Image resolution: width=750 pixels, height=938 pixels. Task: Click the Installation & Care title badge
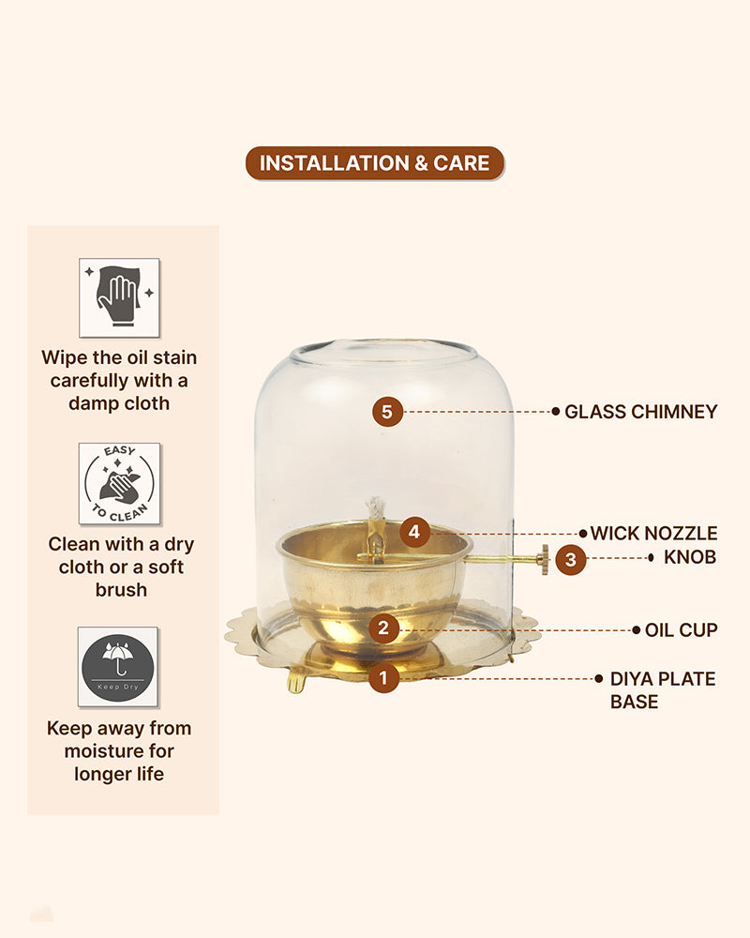tap(375, 162)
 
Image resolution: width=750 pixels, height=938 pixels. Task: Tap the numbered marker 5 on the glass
tap(387, 412)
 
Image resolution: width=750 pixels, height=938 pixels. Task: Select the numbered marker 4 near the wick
tap(415, 532)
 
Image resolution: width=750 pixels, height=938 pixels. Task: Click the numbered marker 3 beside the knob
tap(571, 559)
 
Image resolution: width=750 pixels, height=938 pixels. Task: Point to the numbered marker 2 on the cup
tap(383, 628)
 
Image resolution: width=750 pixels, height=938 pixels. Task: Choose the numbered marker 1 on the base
tap(383, 678)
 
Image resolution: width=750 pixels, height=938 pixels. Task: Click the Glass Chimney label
tap(640, 412)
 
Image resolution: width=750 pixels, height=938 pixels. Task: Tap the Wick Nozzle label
tap(653, 533)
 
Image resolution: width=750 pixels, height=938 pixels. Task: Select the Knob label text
tap(690, 557)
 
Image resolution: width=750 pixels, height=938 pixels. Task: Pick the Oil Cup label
tap(682, 630)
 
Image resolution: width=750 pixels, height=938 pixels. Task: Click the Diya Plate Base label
tap(663, 690)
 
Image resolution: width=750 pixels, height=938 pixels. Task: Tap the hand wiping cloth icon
tap(120, 298)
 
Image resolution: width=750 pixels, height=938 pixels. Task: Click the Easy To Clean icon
tap(120, 484)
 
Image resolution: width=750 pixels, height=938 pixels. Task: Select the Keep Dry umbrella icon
tap(118, 667)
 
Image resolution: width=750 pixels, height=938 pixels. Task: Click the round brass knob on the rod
tap(545, 560)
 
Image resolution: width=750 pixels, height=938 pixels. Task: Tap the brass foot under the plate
tap(296, 682)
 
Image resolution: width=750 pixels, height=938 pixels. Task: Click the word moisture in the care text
tap(119, 750)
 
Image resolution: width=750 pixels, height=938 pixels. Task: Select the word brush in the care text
tap(121, 590)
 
